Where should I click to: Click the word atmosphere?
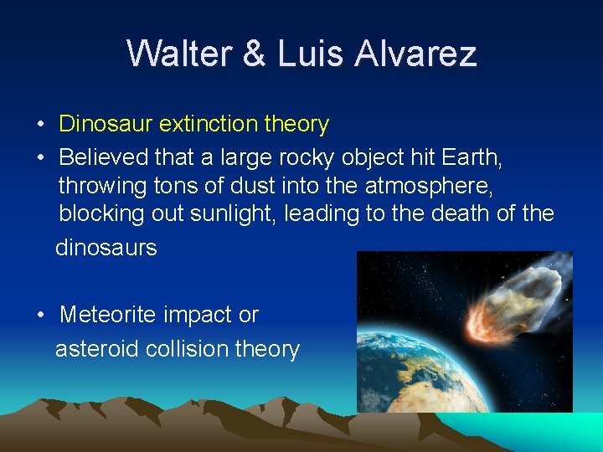tap(435, 184)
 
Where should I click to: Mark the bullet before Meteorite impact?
tap(41, 316)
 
